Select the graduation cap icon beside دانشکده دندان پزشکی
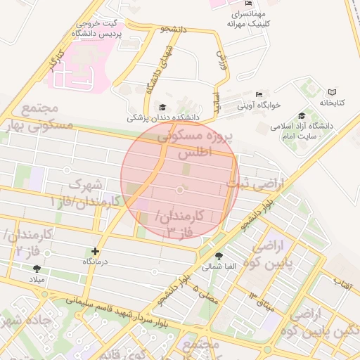[163, 107]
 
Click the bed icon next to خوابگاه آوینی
[259, 94]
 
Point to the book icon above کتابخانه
[332, 92]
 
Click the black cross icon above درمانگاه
[96, 251]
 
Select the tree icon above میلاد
[37, 268]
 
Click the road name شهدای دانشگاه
[157, 71]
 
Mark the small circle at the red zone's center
[180, 190]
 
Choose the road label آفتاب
[344, 284]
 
